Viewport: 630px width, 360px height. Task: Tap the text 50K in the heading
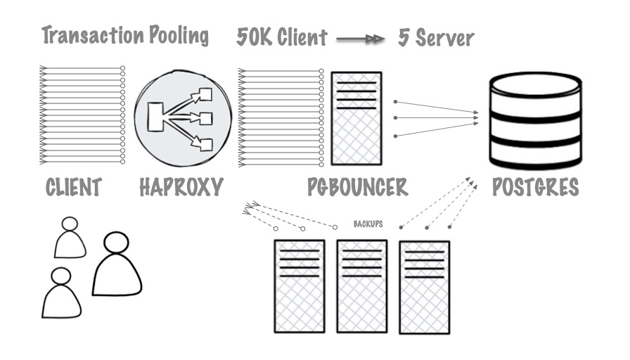[x=252, y=37]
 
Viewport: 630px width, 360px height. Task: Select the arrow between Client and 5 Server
[x=361, y=39]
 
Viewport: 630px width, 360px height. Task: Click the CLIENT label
[x=74, y=187]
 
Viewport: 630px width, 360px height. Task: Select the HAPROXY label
[x=181, y=187]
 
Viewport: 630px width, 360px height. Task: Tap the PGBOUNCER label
[x=357, y=187]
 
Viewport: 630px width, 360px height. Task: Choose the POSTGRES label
[x=536, y=187]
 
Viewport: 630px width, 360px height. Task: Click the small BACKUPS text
[x=368, y=224]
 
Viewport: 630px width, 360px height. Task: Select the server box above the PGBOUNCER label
[x=356, y=117]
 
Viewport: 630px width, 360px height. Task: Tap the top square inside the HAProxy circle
[x=206, y=94]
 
